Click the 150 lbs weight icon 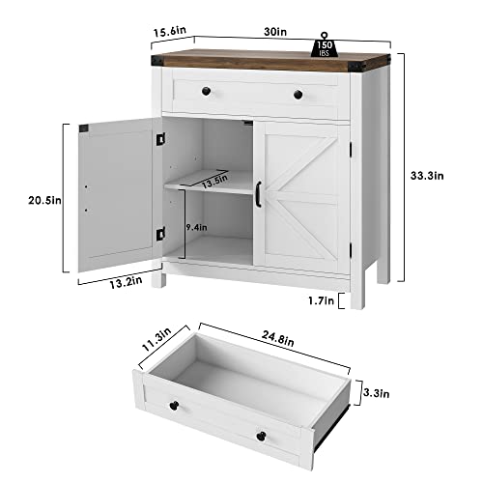[x=327, y=44]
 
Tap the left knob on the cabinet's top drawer [x=207, y=91]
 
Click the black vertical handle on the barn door [x=260, y=192]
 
